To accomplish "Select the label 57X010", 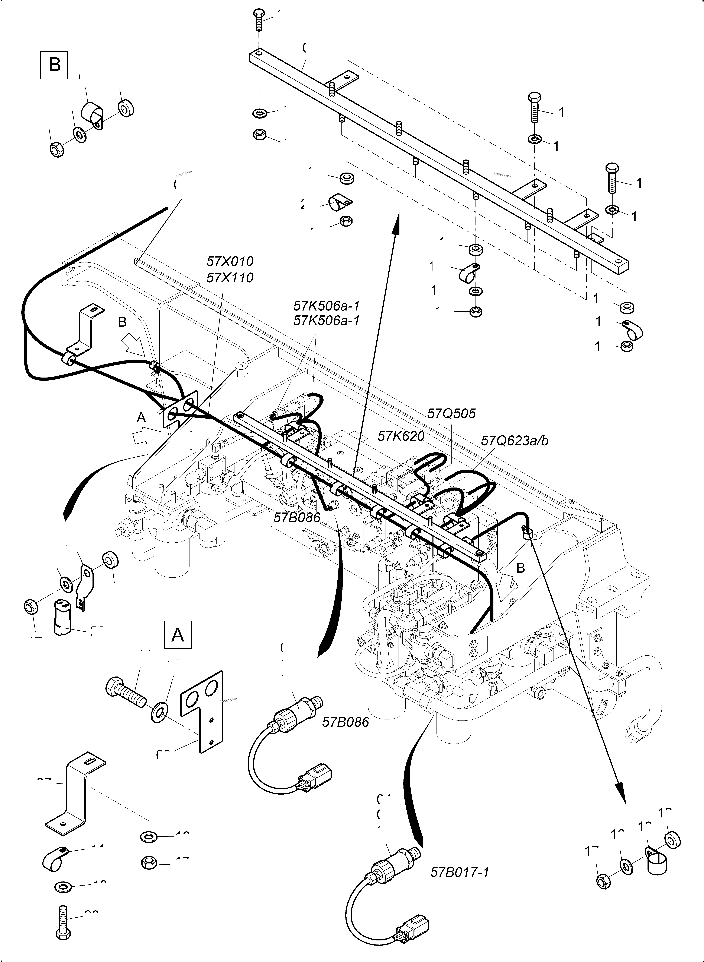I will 230,261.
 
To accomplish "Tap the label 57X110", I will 230,278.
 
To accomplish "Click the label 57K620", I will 401,436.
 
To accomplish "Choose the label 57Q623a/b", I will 515,440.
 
